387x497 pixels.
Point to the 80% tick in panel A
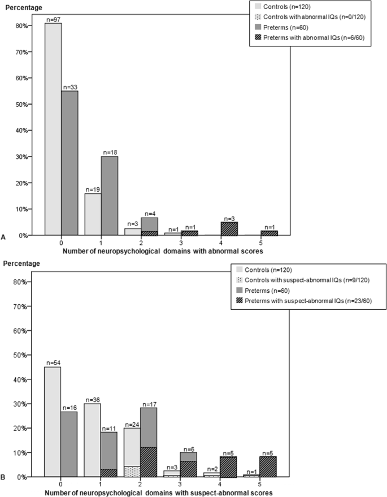point(24,26)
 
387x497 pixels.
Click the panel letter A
point(5,237)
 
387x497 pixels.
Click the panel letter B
point(5,479)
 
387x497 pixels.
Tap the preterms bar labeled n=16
point(69,444)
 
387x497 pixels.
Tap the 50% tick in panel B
point(24,355)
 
